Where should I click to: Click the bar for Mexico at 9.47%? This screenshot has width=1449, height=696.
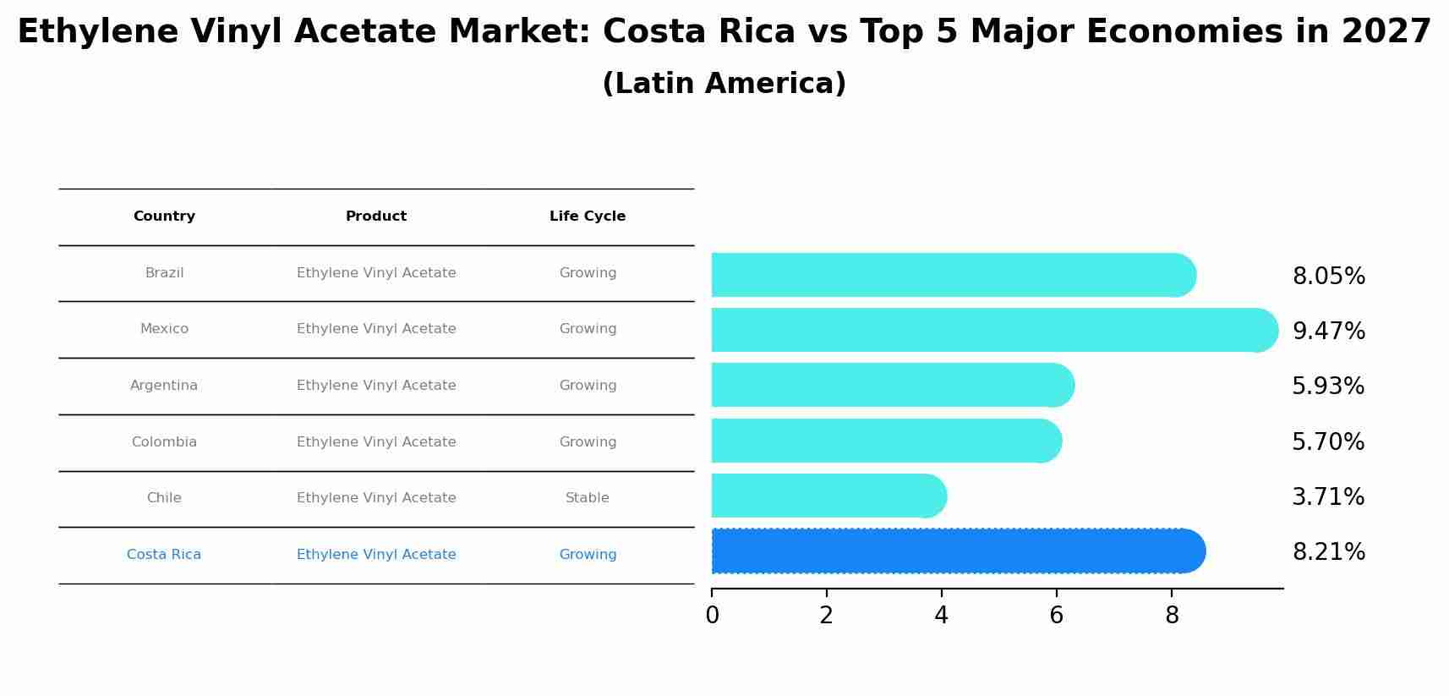point(989,330)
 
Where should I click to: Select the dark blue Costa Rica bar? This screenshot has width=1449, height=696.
point(955,551)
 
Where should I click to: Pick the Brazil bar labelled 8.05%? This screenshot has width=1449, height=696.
point(951,275)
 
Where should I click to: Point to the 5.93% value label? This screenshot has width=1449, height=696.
point(1327,386)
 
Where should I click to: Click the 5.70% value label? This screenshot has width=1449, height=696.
point(1327,442)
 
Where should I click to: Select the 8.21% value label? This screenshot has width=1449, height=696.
point(1328,552)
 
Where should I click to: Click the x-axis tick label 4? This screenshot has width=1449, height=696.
point(941,616)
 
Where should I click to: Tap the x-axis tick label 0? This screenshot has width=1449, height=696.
point(712,616)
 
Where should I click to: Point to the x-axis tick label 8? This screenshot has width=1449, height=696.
point(1171,616)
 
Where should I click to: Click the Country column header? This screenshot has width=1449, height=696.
point(164,216)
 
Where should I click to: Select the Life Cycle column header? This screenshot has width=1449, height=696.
point(588,216)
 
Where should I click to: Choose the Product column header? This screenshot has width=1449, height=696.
point(376,216)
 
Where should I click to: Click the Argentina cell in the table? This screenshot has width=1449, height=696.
point(164,386)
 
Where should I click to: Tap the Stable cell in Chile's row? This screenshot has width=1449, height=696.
point(588,498)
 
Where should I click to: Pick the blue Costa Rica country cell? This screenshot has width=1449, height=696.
point(164,555)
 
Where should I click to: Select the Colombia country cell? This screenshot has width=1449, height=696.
point(164,442)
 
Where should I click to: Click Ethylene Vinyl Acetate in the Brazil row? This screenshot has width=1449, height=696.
point(376,273)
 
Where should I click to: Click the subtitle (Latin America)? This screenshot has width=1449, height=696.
point(724,84)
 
